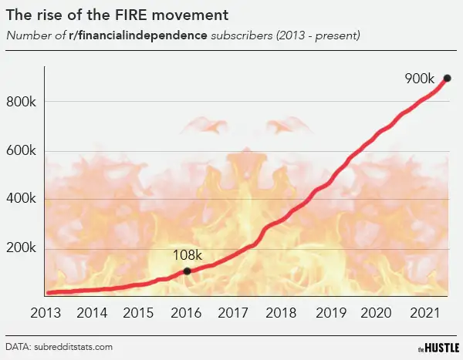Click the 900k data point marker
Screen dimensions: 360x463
pyautogui.click(x=447, y=78)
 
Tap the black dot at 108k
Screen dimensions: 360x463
pyautogui.click(x=187, y=271)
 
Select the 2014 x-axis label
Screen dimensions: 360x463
pyautogui.click(x=92, y=313)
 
